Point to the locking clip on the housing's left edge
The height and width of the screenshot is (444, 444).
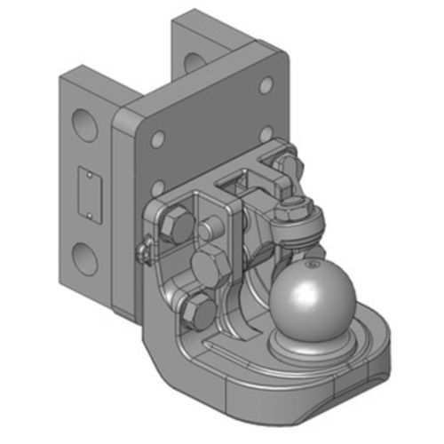144,253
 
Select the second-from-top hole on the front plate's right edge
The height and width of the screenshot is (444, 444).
266,133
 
